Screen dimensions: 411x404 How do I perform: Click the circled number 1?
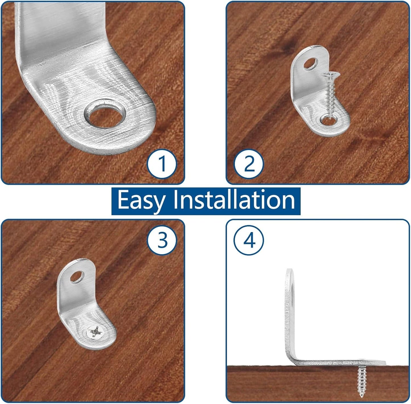coord(162,164)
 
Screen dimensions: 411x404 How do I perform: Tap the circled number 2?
coord(249,164)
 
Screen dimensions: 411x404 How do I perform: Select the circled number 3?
coord(162,240)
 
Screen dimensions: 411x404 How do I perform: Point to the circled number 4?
coord(249,240)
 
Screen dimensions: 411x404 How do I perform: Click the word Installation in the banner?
coord(234,199)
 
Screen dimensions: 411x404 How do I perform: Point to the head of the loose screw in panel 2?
coord(330,75)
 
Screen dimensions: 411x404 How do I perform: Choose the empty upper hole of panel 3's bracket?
coord(77,277)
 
